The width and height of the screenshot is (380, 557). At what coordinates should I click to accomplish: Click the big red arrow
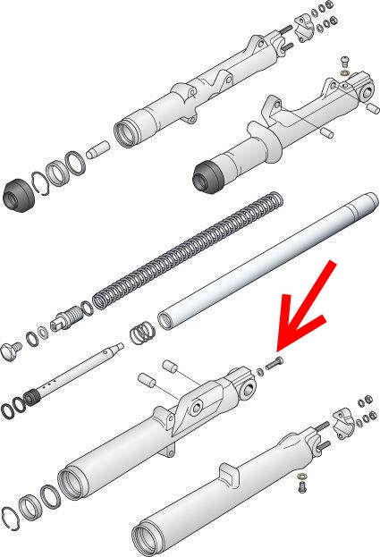point(309,309)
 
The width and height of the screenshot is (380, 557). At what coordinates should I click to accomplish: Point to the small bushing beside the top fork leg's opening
point(100,144)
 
